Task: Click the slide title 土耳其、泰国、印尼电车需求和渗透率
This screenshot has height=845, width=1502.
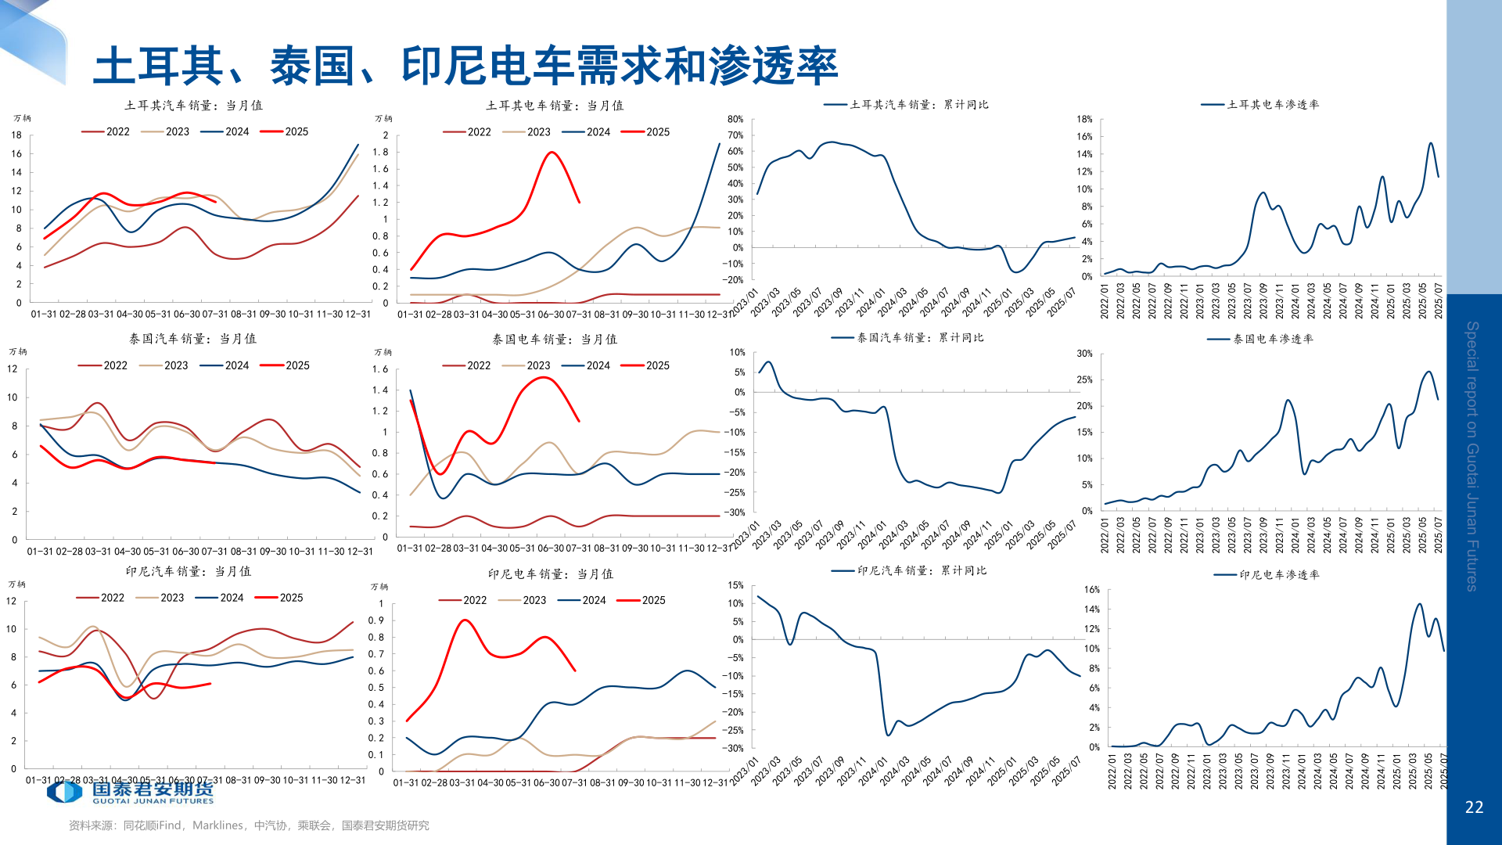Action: point(465,66)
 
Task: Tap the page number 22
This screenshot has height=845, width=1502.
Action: point(1474,807)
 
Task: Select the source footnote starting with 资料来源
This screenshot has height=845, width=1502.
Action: point(249,825)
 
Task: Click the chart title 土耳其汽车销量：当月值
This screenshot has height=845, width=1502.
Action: point(193,106)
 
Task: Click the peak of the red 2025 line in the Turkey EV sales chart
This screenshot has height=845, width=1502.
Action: point(552,152)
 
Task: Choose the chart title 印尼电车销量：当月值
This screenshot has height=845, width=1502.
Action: point(550,574)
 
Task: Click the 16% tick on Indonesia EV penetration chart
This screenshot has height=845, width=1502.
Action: point(1091,590)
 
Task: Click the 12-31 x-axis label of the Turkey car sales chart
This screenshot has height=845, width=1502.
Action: point(358,315)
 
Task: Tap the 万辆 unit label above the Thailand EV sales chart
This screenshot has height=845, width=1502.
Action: point(383,353)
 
